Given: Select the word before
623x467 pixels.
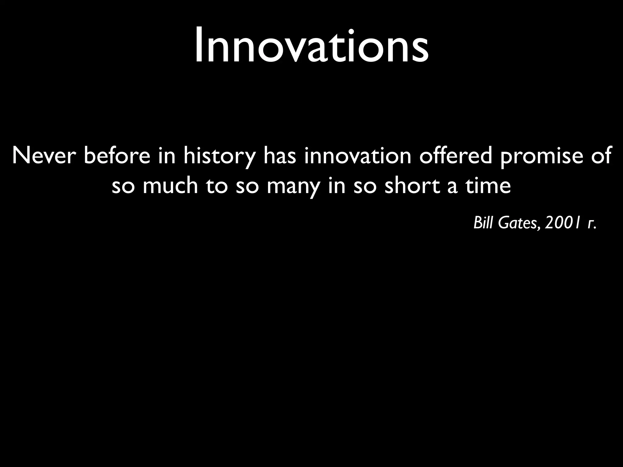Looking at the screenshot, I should coord(117,156).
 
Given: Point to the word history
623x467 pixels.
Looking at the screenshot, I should coord(219,157).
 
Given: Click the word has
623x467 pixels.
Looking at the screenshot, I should coord(280,156).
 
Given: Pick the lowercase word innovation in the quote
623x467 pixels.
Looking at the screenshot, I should coord(358,156).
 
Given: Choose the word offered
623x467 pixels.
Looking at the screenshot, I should coord(455,156).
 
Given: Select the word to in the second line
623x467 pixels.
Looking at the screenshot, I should coord(217,186).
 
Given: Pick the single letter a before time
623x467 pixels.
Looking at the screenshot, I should coord(452,187).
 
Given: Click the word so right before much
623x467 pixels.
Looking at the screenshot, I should coord(123,187).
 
